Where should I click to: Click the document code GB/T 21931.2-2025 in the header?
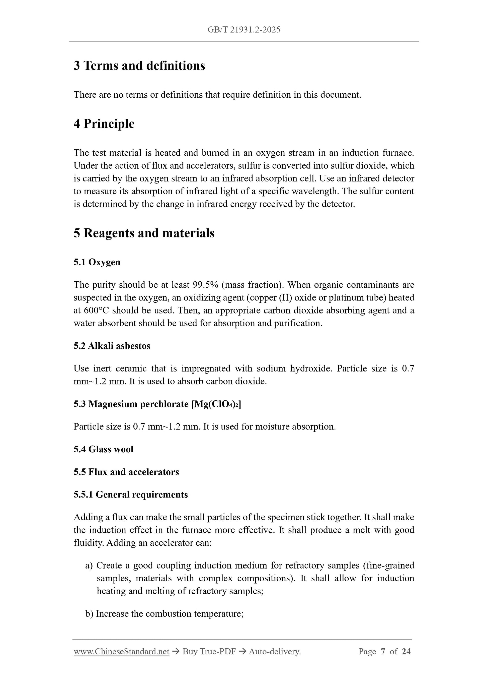tap(243, 30)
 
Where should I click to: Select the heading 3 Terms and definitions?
tap(139, 66)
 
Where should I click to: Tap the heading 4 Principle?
tap(104, 124)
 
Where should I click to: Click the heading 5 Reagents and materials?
tap(144, 233)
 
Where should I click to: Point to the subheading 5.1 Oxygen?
tap(97, 262)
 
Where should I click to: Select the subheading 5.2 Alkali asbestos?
tap(112, 346)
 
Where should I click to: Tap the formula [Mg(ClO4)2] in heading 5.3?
tap(216, 404)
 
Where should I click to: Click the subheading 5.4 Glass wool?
tap(103, 449)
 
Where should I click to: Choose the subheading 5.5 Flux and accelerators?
tap(126, 472)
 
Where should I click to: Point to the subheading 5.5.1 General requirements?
tap(131, 494)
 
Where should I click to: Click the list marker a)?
tap(89, 566)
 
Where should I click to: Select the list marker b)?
tap(89, 614)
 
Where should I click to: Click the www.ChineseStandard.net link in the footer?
tap(121, 652)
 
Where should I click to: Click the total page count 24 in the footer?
tap(406, 652)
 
